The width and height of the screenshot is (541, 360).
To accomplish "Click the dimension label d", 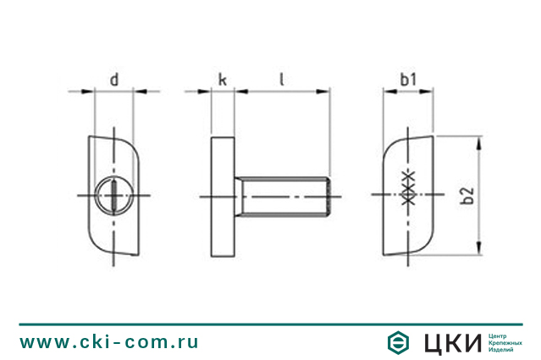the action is pos(114,80).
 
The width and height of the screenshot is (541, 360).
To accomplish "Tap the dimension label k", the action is pos(223,80).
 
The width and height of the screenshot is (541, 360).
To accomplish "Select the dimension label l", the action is pos(282,79).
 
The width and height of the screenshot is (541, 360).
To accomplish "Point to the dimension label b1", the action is pos(408,80).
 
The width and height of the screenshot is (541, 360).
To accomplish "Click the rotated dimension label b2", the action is pos(467,196).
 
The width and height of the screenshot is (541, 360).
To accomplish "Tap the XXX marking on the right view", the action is pos(409,188).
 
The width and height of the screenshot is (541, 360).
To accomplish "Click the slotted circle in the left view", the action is pos(113,196).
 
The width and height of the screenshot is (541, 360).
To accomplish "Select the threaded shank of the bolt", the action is pos(283,197).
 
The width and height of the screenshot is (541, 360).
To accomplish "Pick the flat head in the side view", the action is pos(223,197).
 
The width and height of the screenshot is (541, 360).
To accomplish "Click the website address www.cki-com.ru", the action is pos(109,342).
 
